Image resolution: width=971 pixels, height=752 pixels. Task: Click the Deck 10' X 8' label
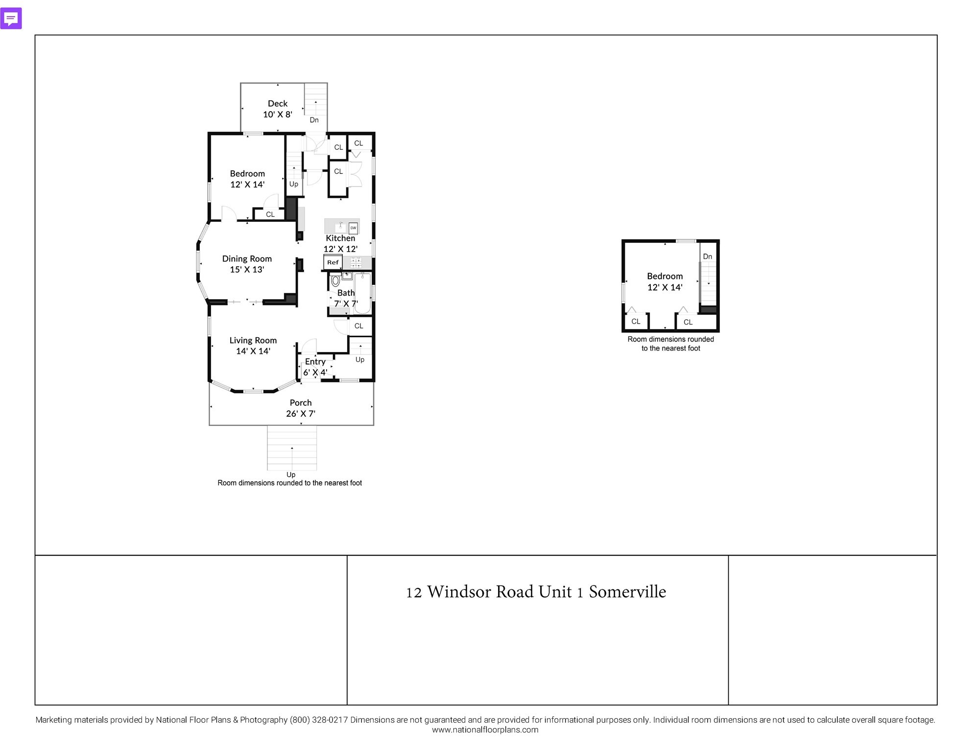pyautogui.click(x=278, y=109)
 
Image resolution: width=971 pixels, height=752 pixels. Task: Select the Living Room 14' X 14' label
pyautogui.click(x=253, y=346)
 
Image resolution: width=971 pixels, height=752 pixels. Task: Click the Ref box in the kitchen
pyautogui.click(x=333, y=262)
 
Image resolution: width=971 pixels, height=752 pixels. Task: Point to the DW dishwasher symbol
pyautogui.click(x=353, y=228)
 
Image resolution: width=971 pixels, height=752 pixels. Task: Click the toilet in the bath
pyautogui.click(x=335, y=281)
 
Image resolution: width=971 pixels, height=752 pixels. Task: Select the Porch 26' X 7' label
pyautogui.click(x=301, y=408)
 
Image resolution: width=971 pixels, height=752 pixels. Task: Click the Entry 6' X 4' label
pyautogui.click(x=315, y=367)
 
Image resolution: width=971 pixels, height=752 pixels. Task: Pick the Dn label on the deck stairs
pyautogui.click(x=314, y=120)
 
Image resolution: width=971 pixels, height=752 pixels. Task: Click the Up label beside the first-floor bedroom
pyautogui.click(x=294, y=184)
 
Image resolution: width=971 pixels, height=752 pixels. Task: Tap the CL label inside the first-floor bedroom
pyautogui.click(x=270, y=214)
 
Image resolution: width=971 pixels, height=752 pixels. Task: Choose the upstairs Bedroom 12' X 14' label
pyautogui.click(x=664, y=282)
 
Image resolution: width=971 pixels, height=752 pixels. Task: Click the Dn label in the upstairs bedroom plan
pyautogui.click(x=708, y=257)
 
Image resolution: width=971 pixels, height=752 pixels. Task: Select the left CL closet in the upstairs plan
pyautogui.click(x=636, y=322)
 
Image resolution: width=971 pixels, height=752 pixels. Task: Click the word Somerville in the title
pyautogui.click(x=627, y=592)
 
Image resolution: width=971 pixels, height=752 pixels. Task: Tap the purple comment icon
pyautogui.click(x=11, y=19)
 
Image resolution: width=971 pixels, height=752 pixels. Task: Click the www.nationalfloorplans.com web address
pyautogui.click(x=485, y=730)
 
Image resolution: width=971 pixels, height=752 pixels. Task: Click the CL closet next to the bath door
pyautogui.click(x=359, y=326)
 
